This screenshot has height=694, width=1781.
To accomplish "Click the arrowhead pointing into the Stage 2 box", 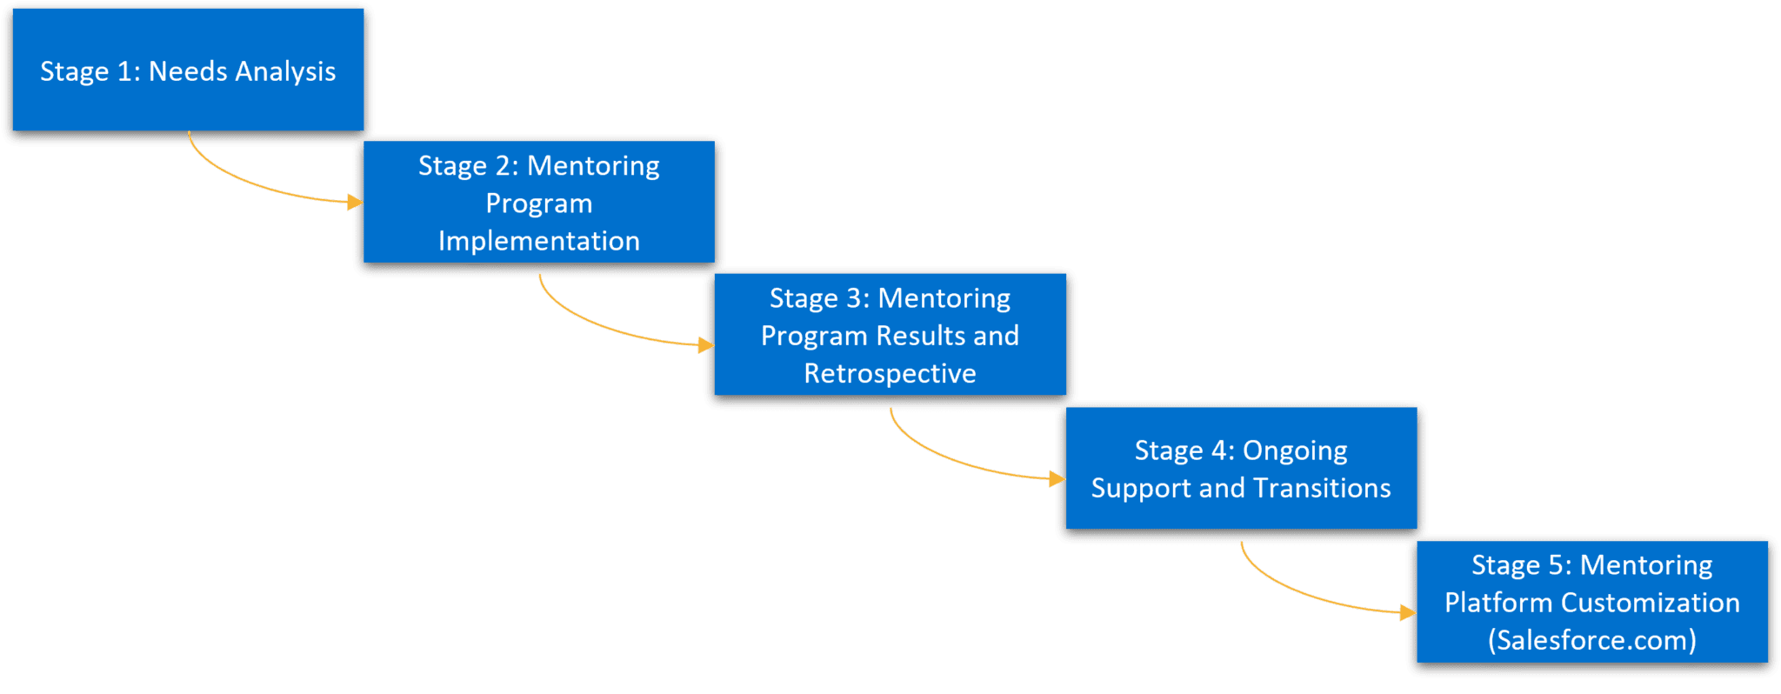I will pyautogui.click(x=355, y=203).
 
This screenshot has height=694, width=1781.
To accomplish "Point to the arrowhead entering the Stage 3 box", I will pyautogui.click(x=706, y=345).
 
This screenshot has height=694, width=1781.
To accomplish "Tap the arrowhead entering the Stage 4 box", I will pyautogui.click(x=1057, y=479).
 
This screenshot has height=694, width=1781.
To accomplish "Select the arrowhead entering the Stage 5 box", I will pyautogui.click(x=1408, y=613).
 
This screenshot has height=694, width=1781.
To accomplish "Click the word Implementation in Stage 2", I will pyautogui.click(x=539, y=241).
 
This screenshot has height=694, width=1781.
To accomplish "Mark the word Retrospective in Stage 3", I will pyautogui.click(x=890, y=374).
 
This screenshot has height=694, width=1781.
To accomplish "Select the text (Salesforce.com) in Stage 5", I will pyautogui.click(x=1591, y=640).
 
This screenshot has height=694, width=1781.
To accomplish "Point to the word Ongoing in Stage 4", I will pyautogui.click(x=1295, y=450).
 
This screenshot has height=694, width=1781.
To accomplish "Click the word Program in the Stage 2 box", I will pyautogui.click(x=539, y=204).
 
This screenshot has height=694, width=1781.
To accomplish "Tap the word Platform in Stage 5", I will pyautogui.click(x=1498, y=603).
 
